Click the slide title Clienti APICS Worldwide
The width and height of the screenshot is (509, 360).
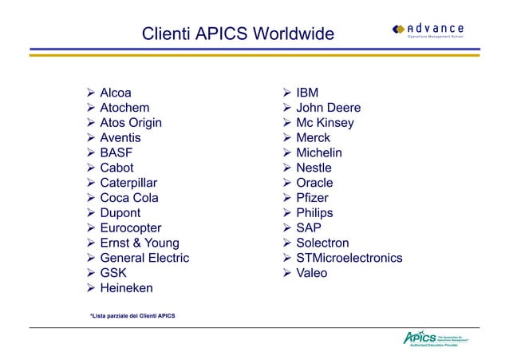tap(237, 34)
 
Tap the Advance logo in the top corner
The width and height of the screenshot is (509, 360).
tap(428, 30)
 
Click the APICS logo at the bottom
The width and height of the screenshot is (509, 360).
tap(435, 338)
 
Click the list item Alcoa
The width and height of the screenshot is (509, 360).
tap(116, 93)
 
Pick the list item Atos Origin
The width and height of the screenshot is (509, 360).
tap(130, 123)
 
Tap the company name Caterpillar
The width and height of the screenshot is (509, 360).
tap(128, 183)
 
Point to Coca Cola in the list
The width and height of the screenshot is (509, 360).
tap(128, 198)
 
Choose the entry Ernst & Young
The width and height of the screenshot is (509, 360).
tap(140, 243)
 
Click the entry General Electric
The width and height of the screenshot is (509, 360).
tap(144, 258)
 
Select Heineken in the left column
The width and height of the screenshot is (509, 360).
tap(126, 287)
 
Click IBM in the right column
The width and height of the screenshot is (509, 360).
tap(307, 93)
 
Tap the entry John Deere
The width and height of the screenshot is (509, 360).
tap(328, 108)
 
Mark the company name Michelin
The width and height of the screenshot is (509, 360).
tap(318, 152)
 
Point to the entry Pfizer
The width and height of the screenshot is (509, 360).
tap(312, 198)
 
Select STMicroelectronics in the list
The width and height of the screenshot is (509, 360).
tap(349, 258)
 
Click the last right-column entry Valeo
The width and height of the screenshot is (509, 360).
tap(311, 273)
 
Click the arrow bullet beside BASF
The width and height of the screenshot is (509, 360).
tap(91, 152)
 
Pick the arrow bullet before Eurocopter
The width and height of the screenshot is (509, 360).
tap(91, 227)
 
